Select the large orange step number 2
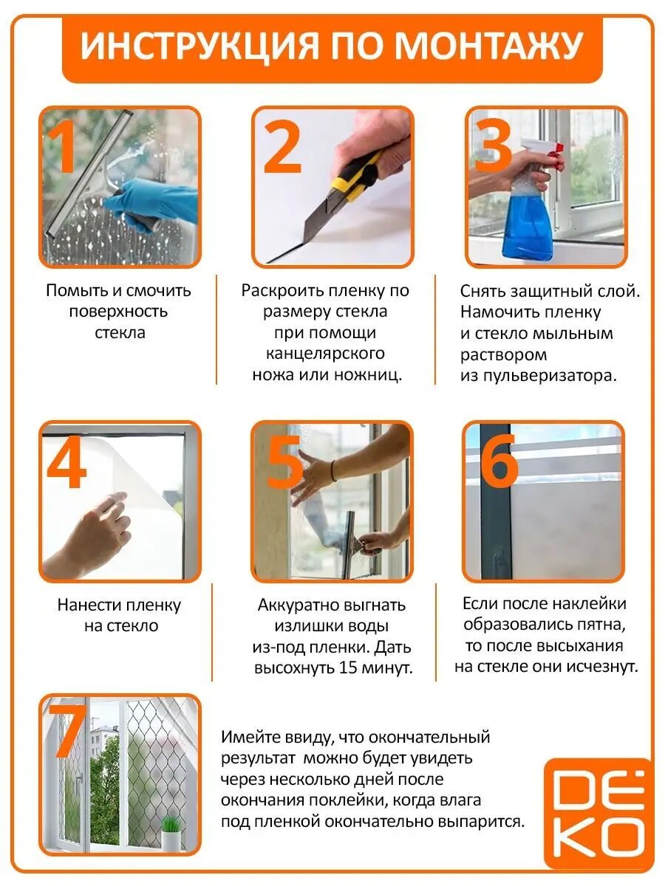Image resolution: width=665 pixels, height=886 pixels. (x=282, y=145)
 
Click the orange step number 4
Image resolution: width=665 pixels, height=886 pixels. (x=66, y=460)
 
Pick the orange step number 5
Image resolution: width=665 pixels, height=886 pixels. (x=284, y=460)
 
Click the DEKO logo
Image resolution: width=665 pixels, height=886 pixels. (x=598, y=814)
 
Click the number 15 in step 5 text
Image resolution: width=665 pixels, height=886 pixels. (x=348, y=668)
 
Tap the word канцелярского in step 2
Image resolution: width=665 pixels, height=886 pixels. (x=325, y=354)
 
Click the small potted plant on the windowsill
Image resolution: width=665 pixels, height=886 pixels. (x=171, y=829)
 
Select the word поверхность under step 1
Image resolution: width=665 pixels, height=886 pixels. (x=119, y=312)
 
